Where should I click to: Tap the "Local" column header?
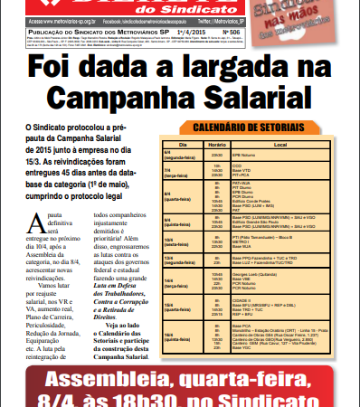coord(292,143)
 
